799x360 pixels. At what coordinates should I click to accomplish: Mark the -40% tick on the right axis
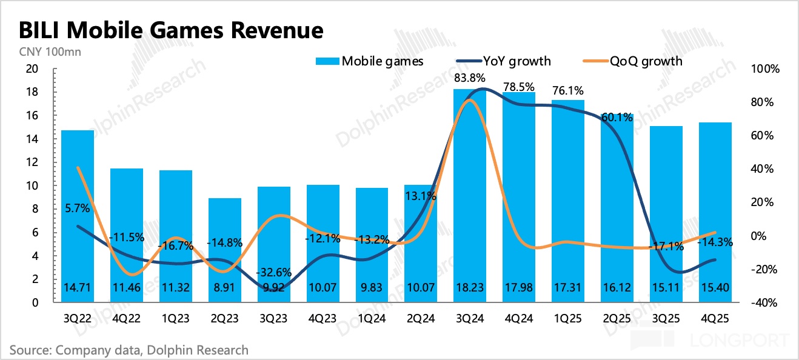click(x=766, y=302)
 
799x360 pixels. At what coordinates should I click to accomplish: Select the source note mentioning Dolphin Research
click(x=129, y=350)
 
